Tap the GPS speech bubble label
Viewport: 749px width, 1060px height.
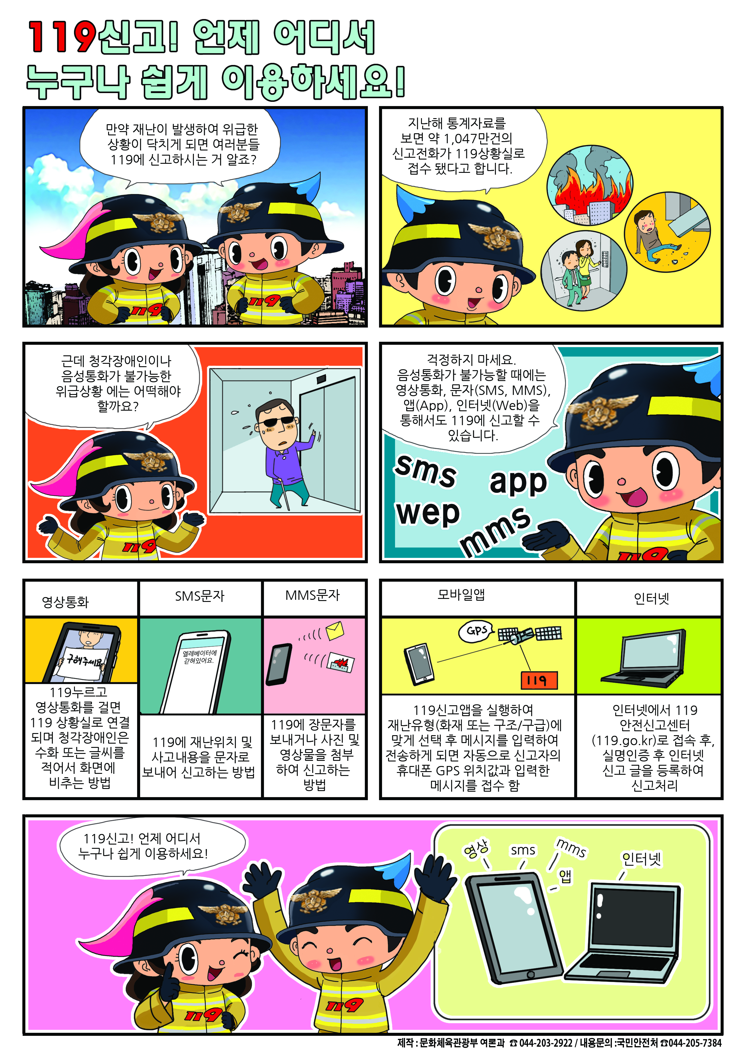pos(476,631)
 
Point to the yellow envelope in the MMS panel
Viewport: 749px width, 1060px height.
pos(335,631)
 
